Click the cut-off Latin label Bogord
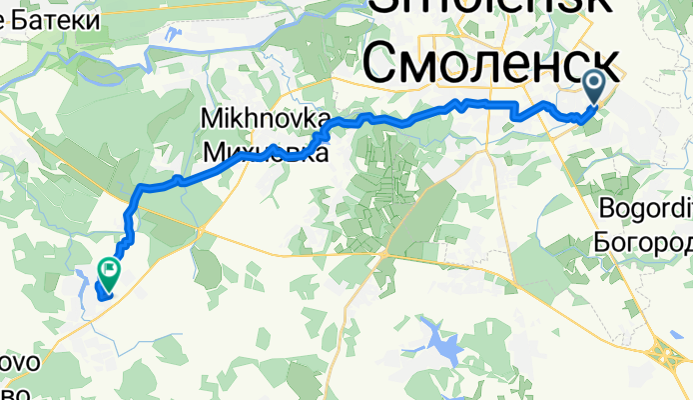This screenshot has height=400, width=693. point(644,210)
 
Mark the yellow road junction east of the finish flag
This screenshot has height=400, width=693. point(200,231)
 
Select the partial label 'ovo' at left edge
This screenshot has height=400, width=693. point(20,362)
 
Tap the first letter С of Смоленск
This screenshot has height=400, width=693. point(382,64)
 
